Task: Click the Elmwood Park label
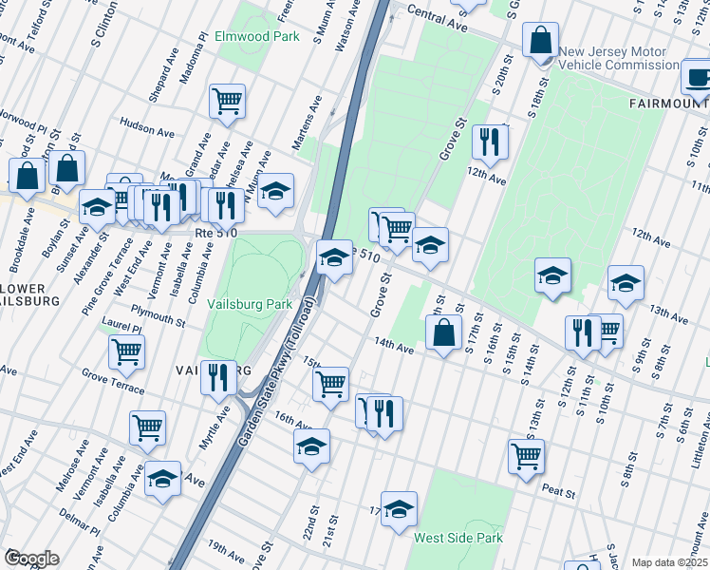257,37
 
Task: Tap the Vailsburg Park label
249,304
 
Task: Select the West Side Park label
458,538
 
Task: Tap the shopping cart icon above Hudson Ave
227,100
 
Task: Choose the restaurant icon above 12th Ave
490,142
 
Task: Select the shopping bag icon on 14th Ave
443,332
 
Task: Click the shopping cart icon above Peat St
526,454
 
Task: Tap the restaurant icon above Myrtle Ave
218,377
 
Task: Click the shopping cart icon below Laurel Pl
126,351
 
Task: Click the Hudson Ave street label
144,124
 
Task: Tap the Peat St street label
559,492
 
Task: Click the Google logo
31,559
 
